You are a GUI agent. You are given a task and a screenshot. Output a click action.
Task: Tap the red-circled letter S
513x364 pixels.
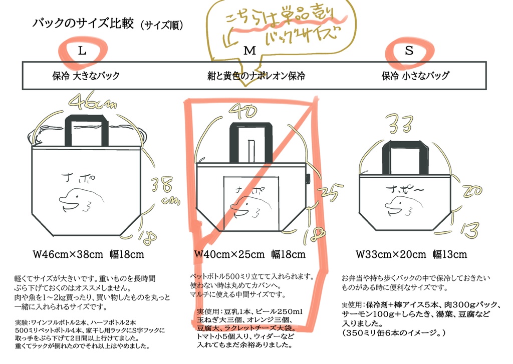(x=409, y=51)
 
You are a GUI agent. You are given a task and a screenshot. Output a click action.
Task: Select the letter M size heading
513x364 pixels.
(x=249, y=51)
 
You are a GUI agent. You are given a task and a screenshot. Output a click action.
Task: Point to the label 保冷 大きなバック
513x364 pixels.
(x=86, y=76)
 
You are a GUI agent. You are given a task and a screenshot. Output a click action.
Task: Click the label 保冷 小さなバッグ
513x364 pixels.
(x=415, y=76)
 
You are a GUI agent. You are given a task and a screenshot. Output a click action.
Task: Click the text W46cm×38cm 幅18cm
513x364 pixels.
(x=88, y=254)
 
